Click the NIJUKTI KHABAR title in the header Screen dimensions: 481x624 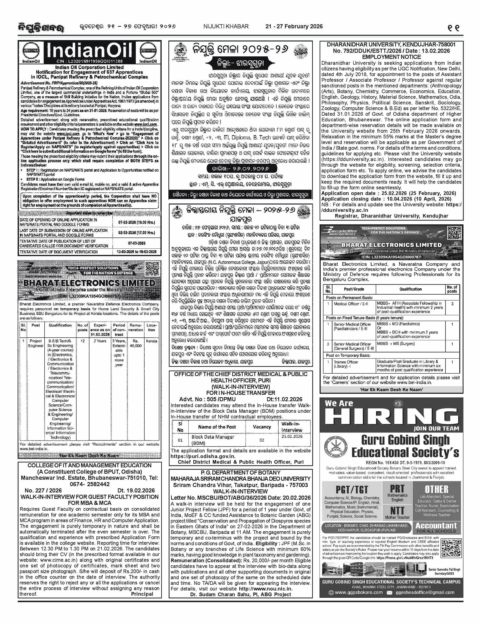point(226,26)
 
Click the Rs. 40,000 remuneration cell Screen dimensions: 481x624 point(136,343)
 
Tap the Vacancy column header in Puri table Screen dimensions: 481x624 point(262,427)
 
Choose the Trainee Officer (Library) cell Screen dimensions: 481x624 point(346,364)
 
